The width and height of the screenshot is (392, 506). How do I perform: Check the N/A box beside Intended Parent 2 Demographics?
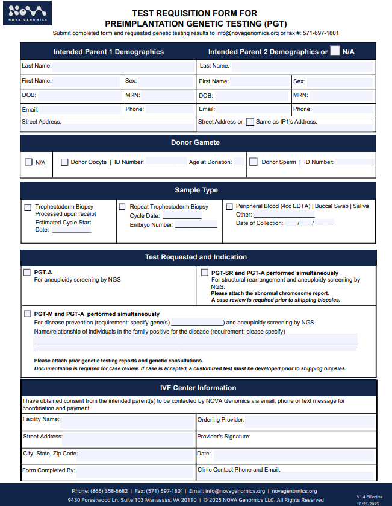point(335,51)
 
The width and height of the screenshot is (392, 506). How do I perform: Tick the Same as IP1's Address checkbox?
point(250,122)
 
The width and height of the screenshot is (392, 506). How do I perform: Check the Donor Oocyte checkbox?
point(65,162)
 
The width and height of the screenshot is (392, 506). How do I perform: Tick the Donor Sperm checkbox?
point(254,162)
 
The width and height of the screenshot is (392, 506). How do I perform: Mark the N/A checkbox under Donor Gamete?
point(28,162)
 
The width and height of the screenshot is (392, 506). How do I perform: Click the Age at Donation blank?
point(238,162)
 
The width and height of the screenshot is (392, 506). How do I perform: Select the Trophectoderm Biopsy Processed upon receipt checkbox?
point(28,207)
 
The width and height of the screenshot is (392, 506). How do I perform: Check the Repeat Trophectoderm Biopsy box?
point(122,207)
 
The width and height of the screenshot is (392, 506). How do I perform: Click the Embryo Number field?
point(196,225)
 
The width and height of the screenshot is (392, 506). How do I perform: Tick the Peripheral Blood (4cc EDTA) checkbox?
point(229,206)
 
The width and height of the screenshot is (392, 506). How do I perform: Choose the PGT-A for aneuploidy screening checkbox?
point(27,273)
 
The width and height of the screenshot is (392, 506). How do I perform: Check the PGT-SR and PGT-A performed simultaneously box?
point(205,273)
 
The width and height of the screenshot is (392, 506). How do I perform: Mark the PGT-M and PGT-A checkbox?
point(28,314)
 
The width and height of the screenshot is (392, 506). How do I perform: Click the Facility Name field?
point(126,420)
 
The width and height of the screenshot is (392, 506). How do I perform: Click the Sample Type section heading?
point(196,191)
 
